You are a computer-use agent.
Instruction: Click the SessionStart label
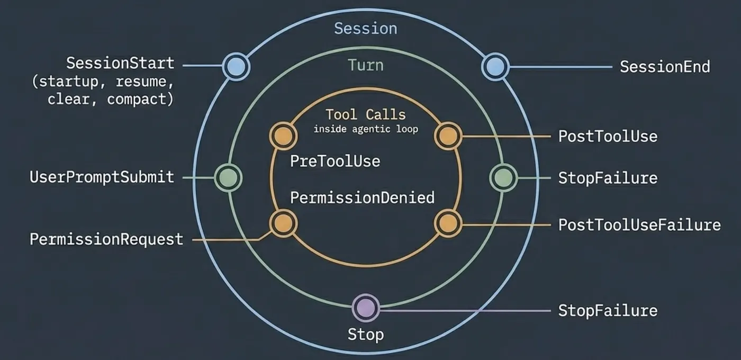coord(120,63)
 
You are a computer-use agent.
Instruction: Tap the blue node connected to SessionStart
coord(236,67)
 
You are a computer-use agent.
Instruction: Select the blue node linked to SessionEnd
coord(495,67)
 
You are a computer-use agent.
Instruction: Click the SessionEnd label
coord(665,67)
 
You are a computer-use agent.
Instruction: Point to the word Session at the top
coord(366,29)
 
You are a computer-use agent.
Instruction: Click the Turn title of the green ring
coord(366,65)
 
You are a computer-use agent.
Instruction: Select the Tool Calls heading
coord(366,114)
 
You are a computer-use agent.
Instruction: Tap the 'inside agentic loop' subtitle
coord(366,129)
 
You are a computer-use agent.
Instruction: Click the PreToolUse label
coord(335,161)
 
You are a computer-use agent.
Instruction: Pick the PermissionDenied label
coord(362,198)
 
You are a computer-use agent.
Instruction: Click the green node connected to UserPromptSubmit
coord(228,178)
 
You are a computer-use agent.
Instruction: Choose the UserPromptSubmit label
coord(102,177)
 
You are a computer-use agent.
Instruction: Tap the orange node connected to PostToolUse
coord(448,136)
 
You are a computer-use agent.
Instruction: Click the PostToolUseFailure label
coord(639,225)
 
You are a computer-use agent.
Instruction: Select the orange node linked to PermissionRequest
coord(283,223)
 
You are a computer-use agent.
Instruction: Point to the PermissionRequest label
coord(106,239)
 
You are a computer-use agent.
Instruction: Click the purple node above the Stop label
coord(366,308)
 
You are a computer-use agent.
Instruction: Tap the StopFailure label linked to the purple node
coord(608,311)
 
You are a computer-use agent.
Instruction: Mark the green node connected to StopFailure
coord(503,178)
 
